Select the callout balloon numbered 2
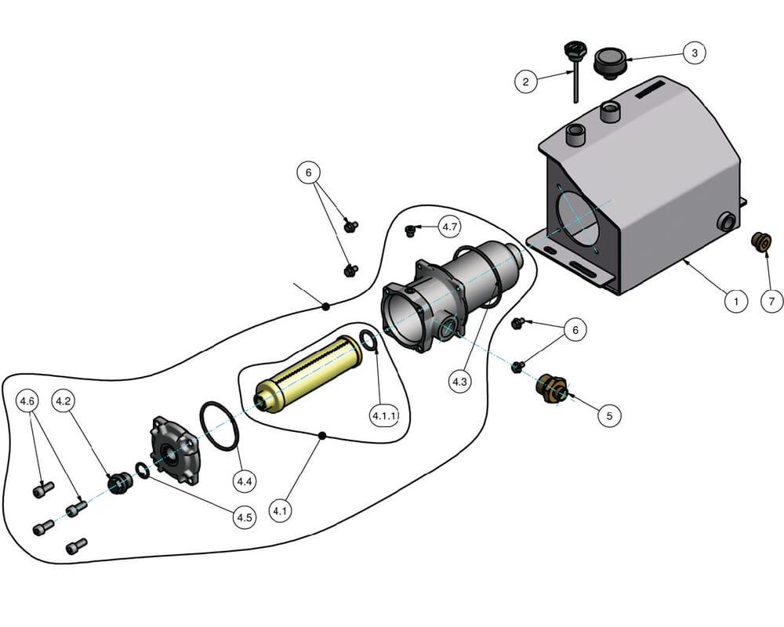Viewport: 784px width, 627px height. pyautogui.click(x=526, y=81)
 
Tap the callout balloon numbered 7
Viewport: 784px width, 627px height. pyautogui.click(x=771, y=300)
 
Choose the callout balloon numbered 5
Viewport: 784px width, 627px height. pyautogui.click(x=609, y=415)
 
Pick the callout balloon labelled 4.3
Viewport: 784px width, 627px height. pyautogui.click(x=459, y=382)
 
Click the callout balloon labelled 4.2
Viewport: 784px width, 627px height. pyautogui.click(x=64, y=400)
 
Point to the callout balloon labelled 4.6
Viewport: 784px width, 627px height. pyautogui.click(x=27, y=400)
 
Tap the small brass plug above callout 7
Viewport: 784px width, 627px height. pyautogui.click(x=760, y=241)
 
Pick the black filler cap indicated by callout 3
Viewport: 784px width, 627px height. pyautogui.click(x=608, y=62)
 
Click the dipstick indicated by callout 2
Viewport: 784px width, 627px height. pyautogui.click(x=572, y=74)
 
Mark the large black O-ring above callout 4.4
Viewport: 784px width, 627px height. pyautogui.click(x=219, y=426)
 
